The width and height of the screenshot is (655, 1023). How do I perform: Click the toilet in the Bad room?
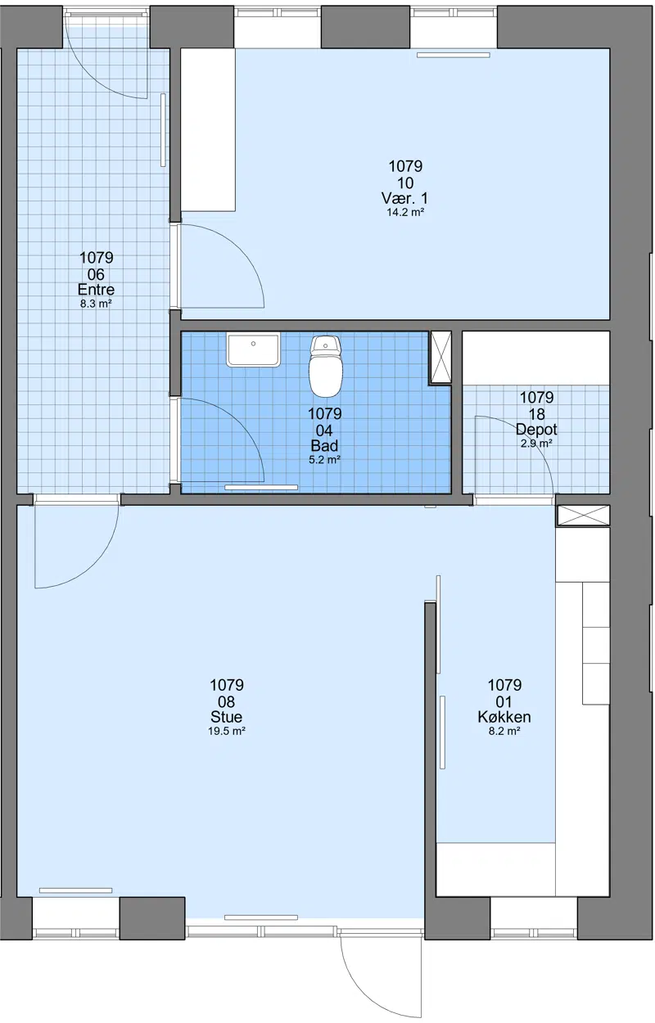325,366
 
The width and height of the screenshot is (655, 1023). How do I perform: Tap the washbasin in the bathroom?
253,349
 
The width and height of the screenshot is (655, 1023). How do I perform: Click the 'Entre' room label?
96,290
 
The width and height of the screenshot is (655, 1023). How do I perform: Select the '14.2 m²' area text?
405,212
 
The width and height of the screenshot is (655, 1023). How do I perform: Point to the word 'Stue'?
227,717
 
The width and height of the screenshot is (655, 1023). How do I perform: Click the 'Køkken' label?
504,717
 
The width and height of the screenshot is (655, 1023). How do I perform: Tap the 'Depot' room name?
537,430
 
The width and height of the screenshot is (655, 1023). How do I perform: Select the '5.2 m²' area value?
325,460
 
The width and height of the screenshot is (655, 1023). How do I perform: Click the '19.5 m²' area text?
227,731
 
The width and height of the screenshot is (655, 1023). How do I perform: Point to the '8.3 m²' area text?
96,304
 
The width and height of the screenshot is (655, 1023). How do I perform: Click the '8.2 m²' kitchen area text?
504,731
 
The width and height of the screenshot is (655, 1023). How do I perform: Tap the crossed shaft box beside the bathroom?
440,358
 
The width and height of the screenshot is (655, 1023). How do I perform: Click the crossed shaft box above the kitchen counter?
583,516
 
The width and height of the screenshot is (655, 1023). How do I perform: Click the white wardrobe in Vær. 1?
208,130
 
